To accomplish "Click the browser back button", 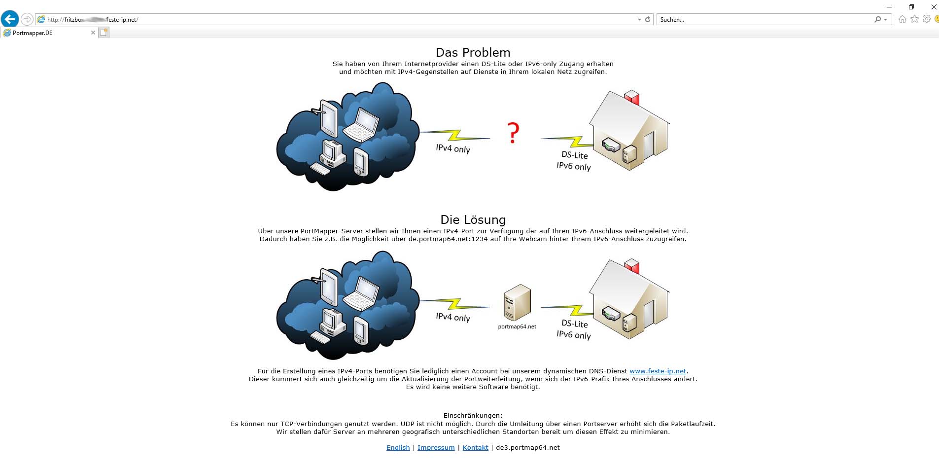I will [10, 19].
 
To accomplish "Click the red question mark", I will [513, 133].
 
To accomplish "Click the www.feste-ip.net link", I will [658, 371].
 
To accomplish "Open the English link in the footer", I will [398, 447].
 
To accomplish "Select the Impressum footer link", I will [436, 447].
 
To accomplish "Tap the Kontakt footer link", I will [475, 447].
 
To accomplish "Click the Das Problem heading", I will [473, 52].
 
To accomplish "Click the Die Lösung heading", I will [473, 219].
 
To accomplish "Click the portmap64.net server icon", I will [517, 302].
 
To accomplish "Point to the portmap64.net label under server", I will [517, 326].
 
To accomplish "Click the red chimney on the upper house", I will [632, 98].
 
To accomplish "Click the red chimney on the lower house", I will [632, 266].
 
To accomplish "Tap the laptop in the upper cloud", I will [361, 125].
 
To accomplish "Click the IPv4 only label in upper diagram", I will [452, 148].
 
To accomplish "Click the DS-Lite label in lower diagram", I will [575, 324].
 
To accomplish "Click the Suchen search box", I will [764, 20].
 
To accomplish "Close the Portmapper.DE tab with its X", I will [93, 33].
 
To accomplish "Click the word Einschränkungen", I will [473, 415].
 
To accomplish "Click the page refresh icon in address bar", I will [648, 20].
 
